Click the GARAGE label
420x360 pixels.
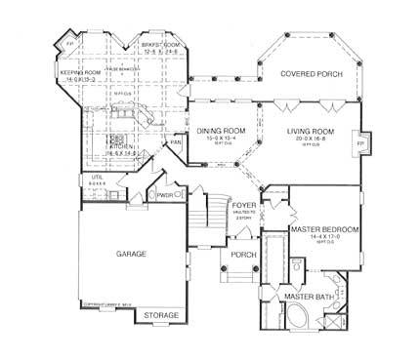pyautogui.click(x=132, y=253)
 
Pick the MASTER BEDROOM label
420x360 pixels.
pyautogui.click(x=326, y=229)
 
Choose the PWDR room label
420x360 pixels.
pyautogui.click(x=163, y=194)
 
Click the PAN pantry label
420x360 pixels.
pyautogui.click(x=176, y=143)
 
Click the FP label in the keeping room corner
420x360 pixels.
pyautogui.click(x=69, y=44)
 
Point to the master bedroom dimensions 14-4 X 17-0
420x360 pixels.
pyautogui.click(x=326, y=237)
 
